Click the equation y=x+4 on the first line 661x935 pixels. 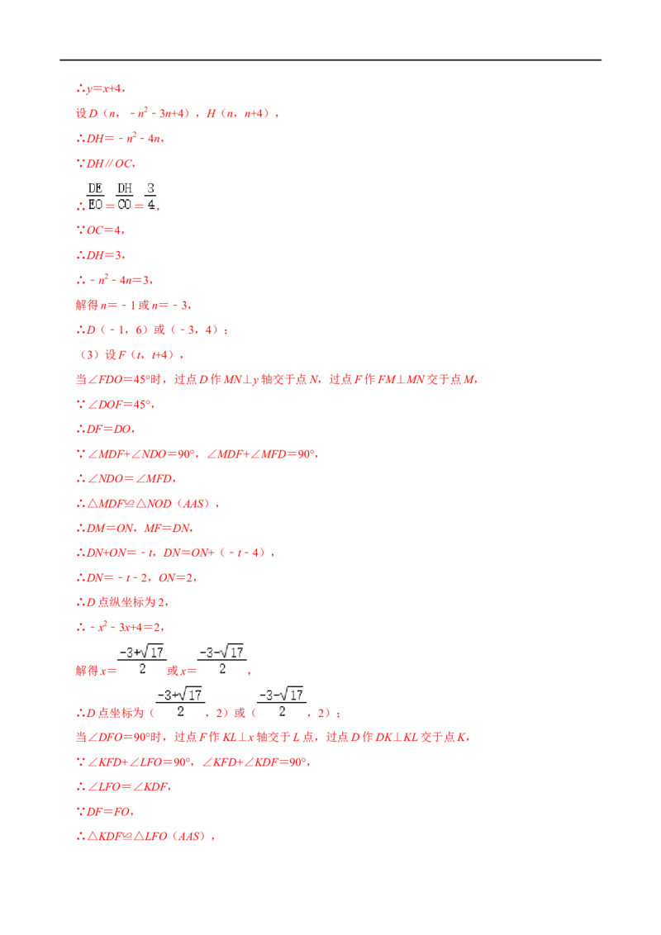point(104,89)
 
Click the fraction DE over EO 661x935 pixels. point(96,197)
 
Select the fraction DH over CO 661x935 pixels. point(125,197)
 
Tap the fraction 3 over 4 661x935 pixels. point(151,197)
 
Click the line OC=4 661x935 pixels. point(104,230)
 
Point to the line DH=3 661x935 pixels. point(104,255)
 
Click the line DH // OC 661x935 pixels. point(109,164)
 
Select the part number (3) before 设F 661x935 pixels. point(89,355)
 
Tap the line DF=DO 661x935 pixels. point(108,430)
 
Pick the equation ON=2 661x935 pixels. point(176,578)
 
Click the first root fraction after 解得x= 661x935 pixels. point(142,660)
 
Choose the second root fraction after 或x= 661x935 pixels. point(222,660)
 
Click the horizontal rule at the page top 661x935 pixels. point(330,60)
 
